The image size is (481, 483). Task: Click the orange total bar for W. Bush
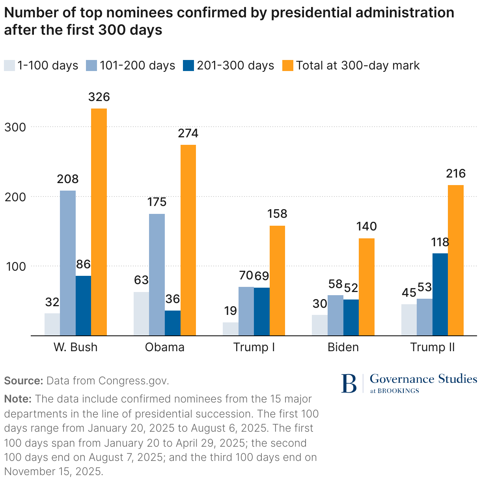click(99, 222)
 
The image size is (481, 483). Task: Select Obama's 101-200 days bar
click(157, 274)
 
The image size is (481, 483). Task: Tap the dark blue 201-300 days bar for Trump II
click(440, 294)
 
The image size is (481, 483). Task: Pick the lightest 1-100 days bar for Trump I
click(230, 329)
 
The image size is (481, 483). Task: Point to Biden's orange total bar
click(367, 286)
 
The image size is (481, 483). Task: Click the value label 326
click(99, 97)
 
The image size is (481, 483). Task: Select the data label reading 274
click(188, 133)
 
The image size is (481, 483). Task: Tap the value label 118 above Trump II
click(440, 242)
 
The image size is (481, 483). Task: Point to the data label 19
click(230, 311)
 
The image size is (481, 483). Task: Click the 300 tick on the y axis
click(15, 127)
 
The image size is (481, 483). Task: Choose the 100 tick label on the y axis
click(15, 266)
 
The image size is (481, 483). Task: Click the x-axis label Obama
click(165, 347)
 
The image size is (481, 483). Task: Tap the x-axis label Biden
click(343, 347)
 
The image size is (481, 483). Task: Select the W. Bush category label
click(75, 347)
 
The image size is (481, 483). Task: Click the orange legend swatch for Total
click(288, 66)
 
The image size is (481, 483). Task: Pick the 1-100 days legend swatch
click(9, 66)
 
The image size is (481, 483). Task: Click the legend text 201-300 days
click(235, 66)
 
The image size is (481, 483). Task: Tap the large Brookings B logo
click(349, 383)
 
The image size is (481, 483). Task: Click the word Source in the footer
click(23, 381)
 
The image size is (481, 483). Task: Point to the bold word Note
click(18, 399)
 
